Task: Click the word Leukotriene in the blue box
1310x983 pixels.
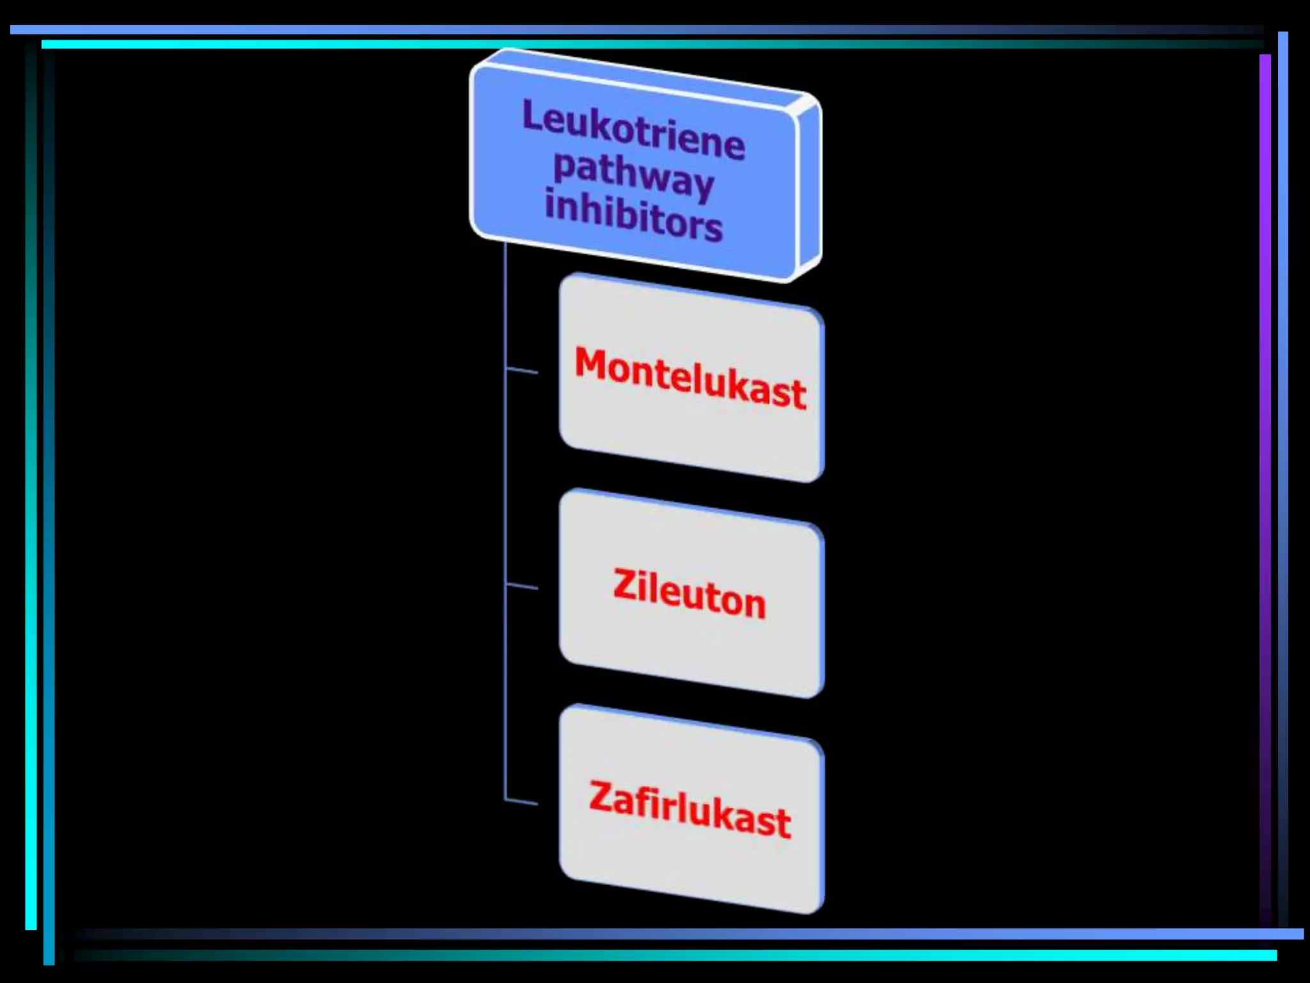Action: coord(633,129)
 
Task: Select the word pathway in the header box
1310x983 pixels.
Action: coord(633,175)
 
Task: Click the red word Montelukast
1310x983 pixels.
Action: coord(690,378)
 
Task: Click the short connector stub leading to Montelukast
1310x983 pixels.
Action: coord(521,371)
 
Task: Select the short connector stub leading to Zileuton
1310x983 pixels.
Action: coord(521,586)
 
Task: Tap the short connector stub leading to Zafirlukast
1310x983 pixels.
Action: coord(521,801)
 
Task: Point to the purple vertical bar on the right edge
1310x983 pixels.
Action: coord(1265,448)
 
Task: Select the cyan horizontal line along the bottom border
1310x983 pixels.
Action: coord(832,955)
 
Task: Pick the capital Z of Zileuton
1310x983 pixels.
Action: coord(624,584)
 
